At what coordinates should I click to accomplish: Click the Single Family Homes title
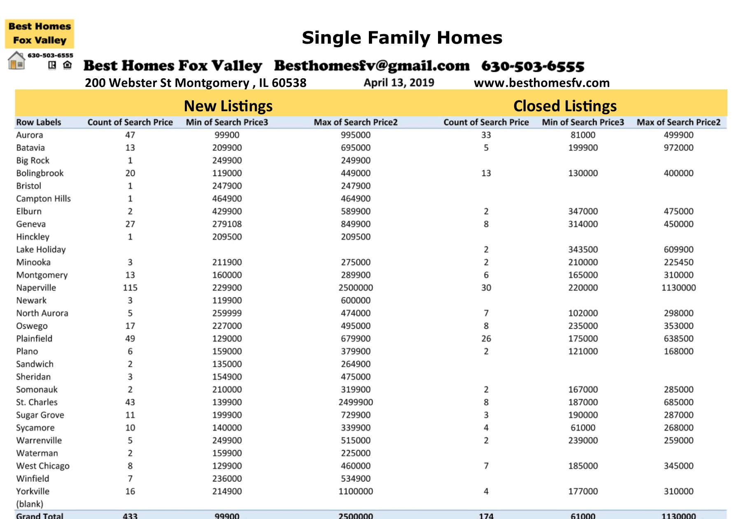(x=402, y=38)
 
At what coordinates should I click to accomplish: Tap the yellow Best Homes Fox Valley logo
(x=40, y=33)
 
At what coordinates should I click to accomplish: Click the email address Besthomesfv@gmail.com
(x=372, y=66)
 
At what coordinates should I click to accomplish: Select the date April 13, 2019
(x=398, y=83)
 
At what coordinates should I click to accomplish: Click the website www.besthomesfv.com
(x=541, y=83)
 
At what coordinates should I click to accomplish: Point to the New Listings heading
(x=228, y=106)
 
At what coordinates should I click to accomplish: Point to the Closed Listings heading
(x=565, y=106)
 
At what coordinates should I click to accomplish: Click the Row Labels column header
(x=39, y=122)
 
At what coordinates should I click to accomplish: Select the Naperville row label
(x=36, y=288)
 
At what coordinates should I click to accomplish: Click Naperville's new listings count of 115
(x=130, y=288)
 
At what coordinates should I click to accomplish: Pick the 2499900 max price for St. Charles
(x=356, y=402)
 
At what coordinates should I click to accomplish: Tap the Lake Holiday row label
(x=41, y=250)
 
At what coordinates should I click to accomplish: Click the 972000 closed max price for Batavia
(x=678, y=147)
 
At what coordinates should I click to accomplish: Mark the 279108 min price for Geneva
(x=227, y=224)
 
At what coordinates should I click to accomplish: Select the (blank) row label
(x=30, y=504)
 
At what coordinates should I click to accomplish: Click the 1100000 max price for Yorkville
(x=356, y=491)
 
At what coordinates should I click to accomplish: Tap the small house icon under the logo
(x=16, y=61)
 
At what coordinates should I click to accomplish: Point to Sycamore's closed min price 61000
(x=583, y=428)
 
